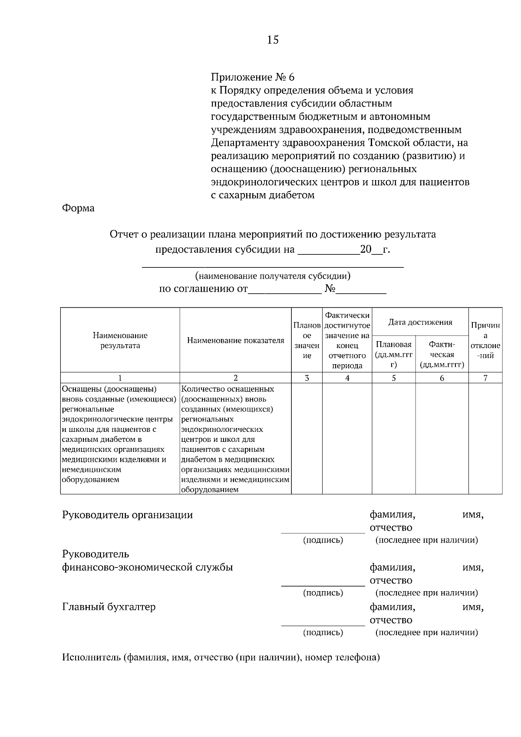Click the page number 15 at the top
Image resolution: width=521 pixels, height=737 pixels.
point(273,40)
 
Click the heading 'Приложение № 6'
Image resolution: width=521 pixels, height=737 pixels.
point(252,77)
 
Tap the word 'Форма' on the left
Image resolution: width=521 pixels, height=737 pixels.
point(78,208)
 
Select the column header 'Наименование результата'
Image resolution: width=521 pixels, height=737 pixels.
point(120,340)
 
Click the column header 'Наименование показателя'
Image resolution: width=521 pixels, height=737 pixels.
point(235,340)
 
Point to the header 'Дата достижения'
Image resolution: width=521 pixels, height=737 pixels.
point(420,322)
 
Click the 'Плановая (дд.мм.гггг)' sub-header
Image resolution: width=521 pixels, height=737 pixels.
point(393,355)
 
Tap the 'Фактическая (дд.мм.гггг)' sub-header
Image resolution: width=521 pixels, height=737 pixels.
point(442,355)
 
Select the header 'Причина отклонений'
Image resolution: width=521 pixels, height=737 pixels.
point(485,340)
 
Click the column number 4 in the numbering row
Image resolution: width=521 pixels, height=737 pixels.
point(347,378)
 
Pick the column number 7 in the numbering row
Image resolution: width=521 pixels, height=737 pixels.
point(485,378)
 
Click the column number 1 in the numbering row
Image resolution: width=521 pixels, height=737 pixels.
point(120,378)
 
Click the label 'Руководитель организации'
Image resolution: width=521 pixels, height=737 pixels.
point(127,515)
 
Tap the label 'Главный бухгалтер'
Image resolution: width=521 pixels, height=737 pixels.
point(109,607)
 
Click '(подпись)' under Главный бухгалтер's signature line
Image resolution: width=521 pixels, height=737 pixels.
point(323,632)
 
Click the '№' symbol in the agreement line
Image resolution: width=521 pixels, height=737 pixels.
point(330,289)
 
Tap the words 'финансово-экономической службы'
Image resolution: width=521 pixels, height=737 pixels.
point(147,567)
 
